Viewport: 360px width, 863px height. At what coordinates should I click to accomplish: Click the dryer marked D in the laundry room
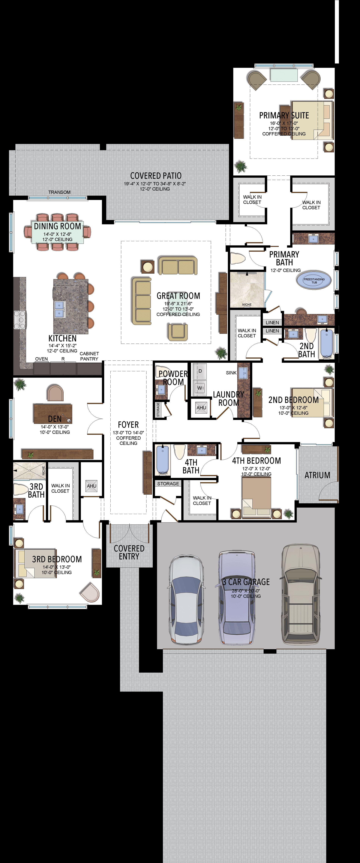pyautogui.click(x=200, y=371)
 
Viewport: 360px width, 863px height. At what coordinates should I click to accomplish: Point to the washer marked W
pyautogui.click(x=200, y=388)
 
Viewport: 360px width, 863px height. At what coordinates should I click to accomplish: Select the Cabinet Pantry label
pyautogui.click(x=89, y=356)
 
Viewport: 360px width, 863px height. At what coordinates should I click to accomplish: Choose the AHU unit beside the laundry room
pyautogui.click(x=201, y=408)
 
